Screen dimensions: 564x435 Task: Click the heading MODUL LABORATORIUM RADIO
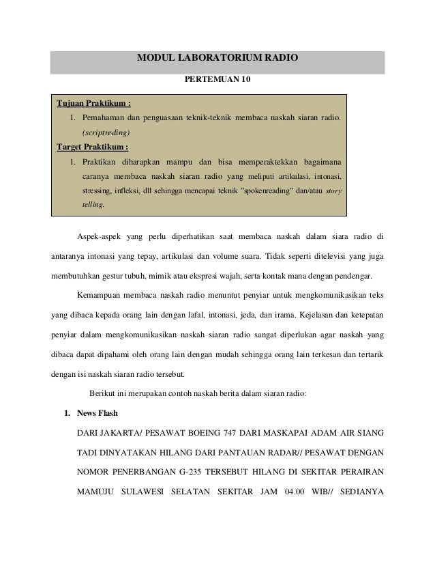coord(217,59)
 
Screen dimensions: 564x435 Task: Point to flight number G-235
coord(196,472)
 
